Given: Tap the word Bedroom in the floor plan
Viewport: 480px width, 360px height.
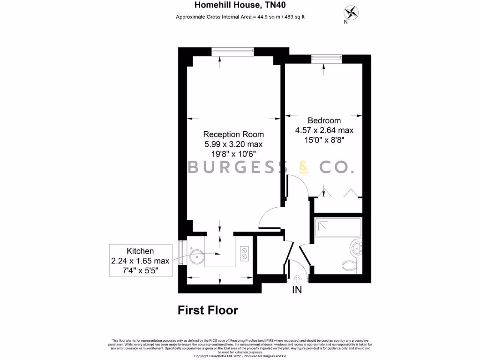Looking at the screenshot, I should [324, 120].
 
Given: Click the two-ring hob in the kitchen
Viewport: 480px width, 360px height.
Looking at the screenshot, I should [245, 253].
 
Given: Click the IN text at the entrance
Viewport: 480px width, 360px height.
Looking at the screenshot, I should [297, 290].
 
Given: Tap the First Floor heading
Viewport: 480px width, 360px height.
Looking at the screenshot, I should [208, 310].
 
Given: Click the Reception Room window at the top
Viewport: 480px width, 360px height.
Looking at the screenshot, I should [232, 52].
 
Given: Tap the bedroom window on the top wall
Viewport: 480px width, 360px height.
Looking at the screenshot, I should [327, 58].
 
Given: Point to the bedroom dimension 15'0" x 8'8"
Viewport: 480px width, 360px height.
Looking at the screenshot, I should [324, 139].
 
